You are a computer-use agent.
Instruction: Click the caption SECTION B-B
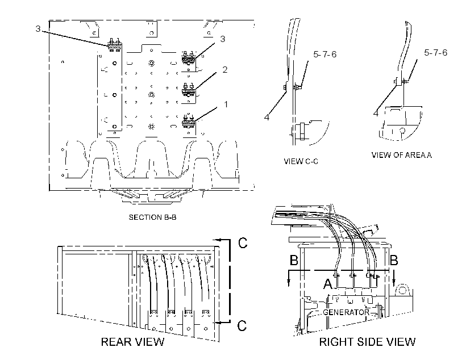(x=152, y=217)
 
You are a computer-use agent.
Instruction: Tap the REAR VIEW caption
(x=132, y=342)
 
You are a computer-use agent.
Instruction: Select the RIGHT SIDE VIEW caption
(x=367, y=342)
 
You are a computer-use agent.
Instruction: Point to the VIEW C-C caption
(x=301, y=161)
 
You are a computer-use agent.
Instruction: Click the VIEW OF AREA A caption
(x=402, y=155)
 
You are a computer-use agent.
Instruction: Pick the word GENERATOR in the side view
(x=346, y=312)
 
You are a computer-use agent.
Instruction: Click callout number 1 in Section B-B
(x=226, y=104)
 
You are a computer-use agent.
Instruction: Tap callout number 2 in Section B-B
(x=225, y=69)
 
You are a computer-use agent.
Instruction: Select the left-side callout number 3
(x=38, y=29)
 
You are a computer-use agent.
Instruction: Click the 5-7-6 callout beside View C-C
(x=325, y=54)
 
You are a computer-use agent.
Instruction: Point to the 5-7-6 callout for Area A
(x=436, y=53)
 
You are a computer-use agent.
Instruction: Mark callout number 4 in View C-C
(x=267, y=118)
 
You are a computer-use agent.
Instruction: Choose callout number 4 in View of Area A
(x=376, y=113)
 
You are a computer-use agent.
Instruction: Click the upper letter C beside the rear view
(x=243, y=242)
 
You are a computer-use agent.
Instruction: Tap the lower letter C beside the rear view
(x=242, y=325)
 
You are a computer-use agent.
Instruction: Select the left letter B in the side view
(x=294, y=260)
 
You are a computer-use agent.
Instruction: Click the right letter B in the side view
(x=394, y=260)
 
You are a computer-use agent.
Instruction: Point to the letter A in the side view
(x=328, y=284)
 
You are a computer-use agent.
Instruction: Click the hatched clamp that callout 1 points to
(x=188, y=122)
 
